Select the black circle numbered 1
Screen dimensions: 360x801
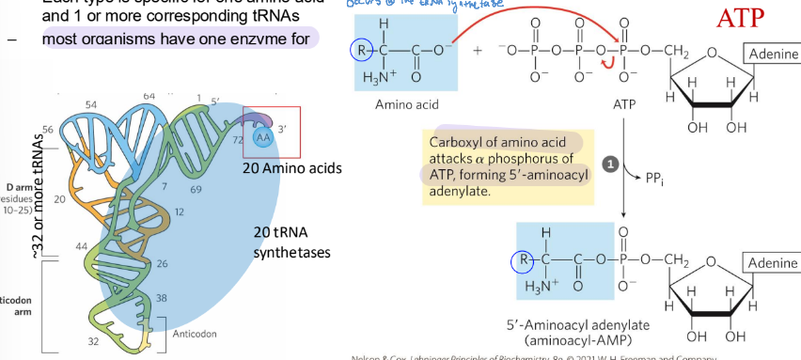click(609, 164)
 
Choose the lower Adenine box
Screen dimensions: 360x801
click(772, 261)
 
